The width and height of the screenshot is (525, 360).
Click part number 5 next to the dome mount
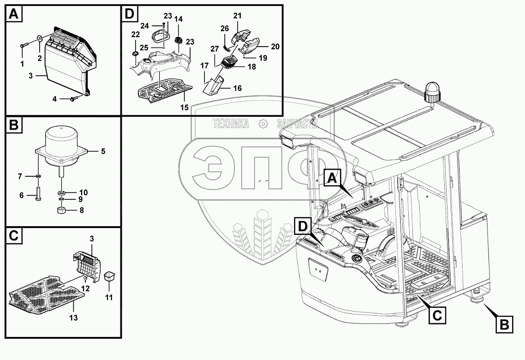(x=103, y=151)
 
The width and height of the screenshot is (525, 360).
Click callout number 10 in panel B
(x=84, y=192)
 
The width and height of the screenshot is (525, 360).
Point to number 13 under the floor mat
(x=73, y=318)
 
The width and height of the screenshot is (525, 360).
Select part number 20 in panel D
(x=275, y=46)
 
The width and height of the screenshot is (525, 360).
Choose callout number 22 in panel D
(x=136, y=35)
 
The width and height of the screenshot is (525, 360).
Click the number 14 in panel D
(x=179, y=19)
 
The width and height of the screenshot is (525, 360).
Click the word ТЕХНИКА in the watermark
(x=231, y=123)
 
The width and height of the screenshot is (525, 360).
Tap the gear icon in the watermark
(x=263, y=123)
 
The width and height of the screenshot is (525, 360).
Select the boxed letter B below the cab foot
(x=504, y=324)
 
